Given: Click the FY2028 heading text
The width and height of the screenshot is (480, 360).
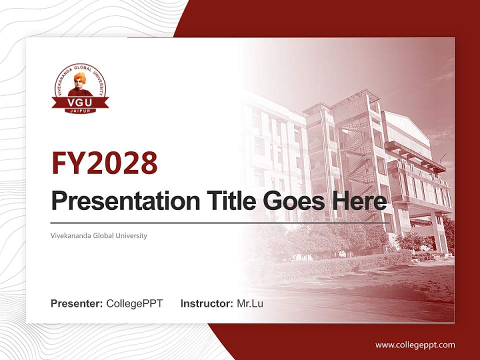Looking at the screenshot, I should tap(104, 163).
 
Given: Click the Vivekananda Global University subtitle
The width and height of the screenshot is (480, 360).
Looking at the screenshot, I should tap(99, 235).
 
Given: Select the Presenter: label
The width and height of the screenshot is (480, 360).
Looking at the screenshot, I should tap(77, 303).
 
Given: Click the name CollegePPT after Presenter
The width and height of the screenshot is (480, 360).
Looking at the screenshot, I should tap(134, 303).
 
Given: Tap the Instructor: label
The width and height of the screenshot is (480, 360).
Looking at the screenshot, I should tap(206, 303).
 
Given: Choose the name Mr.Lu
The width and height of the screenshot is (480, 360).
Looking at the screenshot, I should tap(249, 303).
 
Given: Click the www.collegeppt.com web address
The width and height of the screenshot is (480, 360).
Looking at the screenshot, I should tap(415, 344).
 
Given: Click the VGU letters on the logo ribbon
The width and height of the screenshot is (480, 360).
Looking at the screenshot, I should tap(79, 102).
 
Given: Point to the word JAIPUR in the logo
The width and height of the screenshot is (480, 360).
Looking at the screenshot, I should tap(79, 111).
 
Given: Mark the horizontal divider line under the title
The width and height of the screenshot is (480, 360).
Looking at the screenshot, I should tap(220, 222).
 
